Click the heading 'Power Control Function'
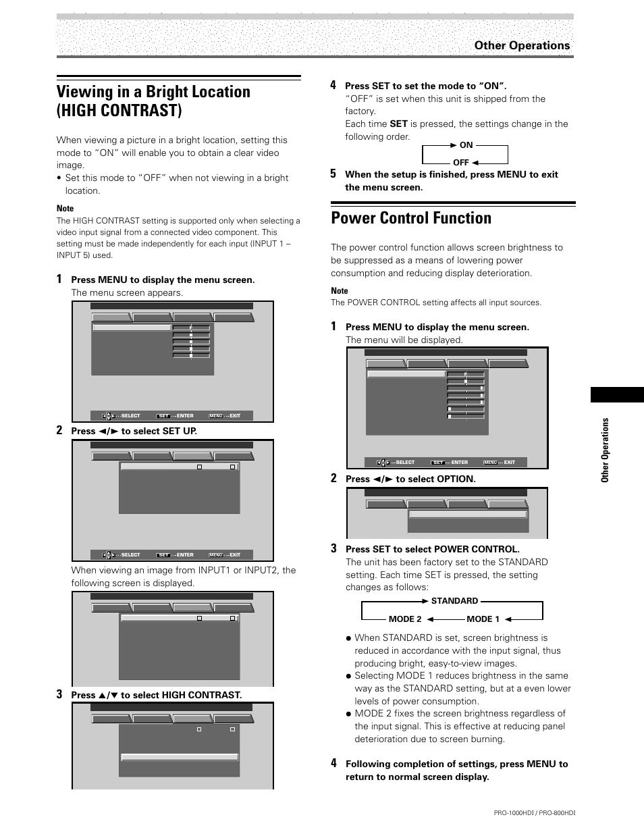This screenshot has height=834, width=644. [x=411, y=218]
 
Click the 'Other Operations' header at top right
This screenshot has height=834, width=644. [x=521, y=45]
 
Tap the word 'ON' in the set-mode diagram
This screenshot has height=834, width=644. [x=466, y=145]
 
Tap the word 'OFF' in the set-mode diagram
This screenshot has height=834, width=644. [x=460, y=163]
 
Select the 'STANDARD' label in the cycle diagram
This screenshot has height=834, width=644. [x=454, y=601]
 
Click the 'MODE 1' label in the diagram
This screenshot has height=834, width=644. [x=483, y=619]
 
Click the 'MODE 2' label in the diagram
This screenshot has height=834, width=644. [x=405, y=619]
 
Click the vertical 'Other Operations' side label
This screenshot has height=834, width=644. [x=606, y=450]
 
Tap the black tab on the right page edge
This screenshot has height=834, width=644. [x=617, y=395]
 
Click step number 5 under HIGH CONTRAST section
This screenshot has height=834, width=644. [x=333, y=174]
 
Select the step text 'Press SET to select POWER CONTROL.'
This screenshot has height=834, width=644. [x=432, y=549]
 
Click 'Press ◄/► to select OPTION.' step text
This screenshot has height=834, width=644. [x=410, y=479]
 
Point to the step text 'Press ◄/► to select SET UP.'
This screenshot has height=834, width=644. [x=134, y=431]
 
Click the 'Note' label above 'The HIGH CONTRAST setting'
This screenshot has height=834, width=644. [x=65, y=209]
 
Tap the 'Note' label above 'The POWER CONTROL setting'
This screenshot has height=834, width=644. [x=340, y=291]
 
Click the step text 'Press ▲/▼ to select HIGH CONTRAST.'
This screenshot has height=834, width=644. [x=156, y=695]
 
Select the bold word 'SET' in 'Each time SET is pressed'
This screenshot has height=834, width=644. [x=398, y=124]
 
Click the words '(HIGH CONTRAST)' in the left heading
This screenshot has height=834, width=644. [x=119, y=110]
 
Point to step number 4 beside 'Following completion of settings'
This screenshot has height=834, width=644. [x=333, y=763]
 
